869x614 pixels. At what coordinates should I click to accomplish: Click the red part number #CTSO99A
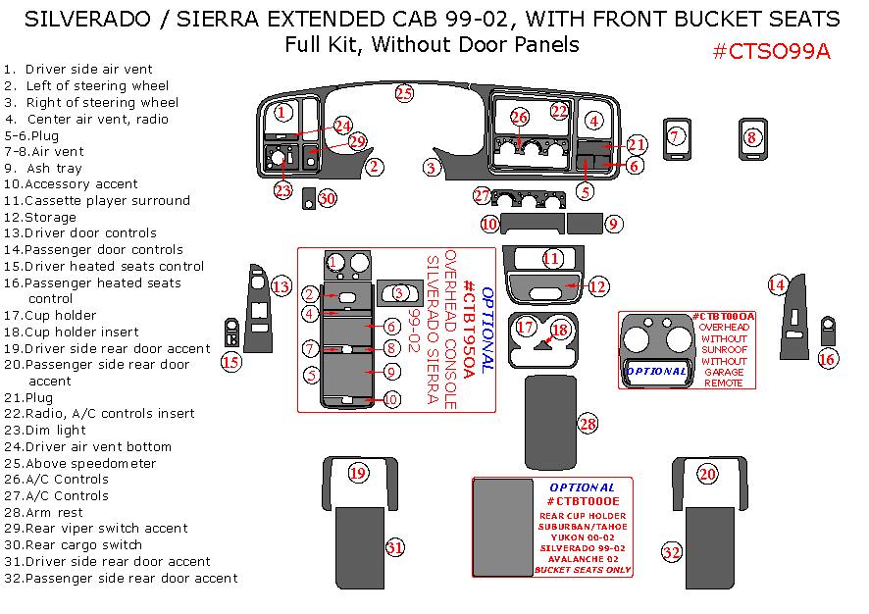point(771,52)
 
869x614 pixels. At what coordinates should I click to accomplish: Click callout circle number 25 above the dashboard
point(404,94)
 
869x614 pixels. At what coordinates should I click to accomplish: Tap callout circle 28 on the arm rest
point(588,424)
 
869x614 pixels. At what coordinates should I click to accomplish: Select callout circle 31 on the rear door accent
point(394,547)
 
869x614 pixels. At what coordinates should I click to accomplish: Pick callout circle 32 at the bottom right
point(671,552)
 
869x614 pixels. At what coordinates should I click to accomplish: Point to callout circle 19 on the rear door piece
point(358,474)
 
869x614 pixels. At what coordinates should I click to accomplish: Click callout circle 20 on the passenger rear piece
point(707,474)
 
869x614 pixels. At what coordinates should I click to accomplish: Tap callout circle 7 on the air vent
point(676,136)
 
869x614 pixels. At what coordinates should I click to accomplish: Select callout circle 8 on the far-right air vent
point(752,137)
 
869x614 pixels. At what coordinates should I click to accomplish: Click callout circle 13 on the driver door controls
point(281,286)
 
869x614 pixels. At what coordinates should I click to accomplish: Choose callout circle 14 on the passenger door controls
point(777,284)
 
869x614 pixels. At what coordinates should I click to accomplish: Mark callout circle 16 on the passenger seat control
point(827,359)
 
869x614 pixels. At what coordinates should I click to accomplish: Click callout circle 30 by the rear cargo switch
point(327,198)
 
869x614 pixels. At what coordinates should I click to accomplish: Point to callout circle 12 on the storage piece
point(597,286)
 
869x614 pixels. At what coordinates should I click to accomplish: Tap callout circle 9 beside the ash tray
point(613,224)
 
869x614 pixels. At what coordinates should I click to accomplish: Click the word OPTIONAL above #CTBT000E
point(583,487)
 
